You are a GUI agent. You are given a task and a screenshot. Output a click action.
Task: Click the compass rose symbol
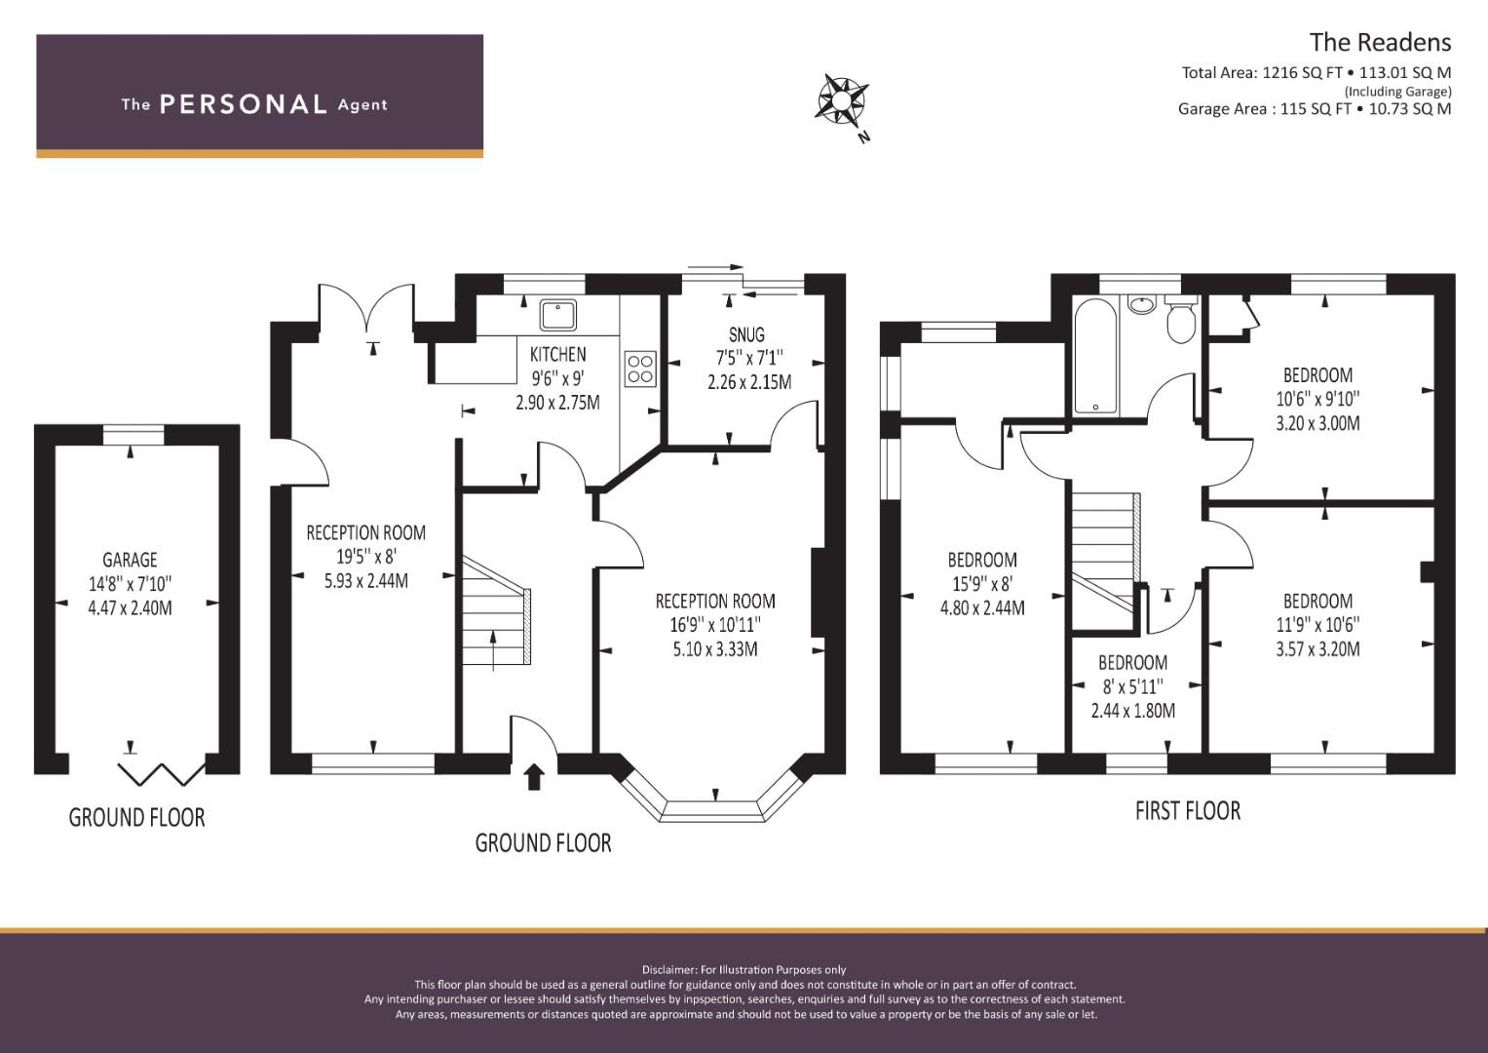point(841,100)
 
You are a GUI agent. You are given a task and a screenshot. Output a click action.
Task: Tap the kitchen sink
point(558,314)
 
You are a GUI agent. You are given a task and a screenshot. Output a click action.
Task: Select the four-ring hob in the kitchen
point(640,369)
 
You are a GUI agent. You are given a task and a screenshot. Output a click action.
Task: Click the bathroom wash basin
point(1142,304)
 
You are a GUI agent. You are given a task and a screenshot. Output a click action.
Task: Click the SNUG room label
point(746,334)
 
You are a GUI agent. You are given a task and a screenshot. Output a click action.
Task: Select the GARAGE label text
point(130,560)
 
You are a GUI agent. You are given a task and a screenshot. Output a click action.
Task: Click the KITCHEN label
point(558,354)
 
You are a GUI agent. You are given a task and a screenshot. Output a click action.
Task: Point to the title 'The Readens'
point(1381,43)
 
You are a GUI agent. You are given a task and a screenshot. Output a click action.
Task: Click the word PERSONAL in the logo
point(244,104)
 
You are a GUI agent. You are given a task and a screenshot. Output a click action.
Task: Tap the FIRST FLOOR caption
point(1188,811)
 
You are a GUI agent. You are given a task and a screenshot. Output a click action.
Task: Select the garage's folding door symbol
point(162,774)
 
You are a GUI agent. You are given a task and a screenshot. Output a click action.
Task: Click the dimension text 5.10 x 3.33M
point(715,649)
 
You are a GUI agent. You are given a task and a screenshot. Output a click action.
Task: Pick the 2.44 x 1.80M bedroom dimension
point(1132,711)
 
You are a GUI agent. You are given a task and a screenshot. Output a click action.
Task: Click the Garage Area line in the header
point(1315,109)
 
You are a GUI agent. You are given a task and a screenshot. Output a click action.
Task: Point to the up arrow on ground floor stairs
point(493,651)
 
